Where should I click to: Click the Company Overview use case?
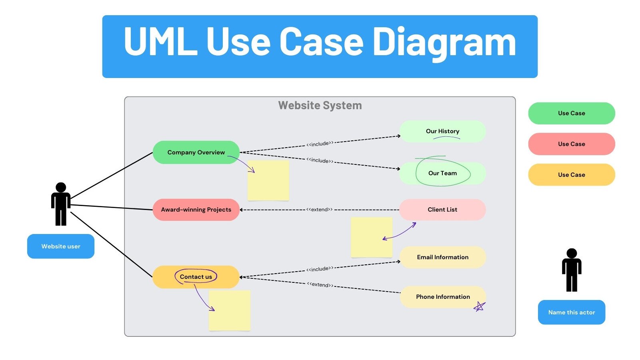point(196,152)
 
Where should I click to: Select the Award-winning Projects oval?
point(196,210)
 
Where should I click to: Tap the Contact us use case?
point(196,277)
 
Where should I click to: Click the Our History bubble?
point(442,131)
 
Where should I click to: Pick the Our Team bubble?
point(442,173)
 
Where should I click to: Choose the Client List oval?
point(442,210)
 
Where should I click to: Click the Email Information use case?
point(442,257)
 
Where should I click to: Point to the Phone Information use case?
point(442,297)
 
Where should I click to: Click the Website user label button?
point(61,246)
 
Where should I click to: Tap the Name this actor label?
point(572,312)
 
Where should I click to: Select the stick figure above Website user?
point(61,204)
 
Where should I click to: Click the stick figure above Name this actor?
point(572,270)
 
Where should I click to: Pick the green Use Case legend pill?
point(572,113)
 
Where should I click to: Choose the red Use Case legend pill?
point(572,144)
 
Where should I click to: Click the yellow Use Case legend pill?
point(572,175)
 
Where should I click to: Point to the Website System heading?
point(320,106)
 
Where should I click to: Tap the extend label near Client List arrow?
point(320,210)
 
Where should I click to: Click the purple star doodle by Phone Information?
point(479,307)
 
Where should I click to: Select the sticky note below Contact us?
point(230,310)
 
